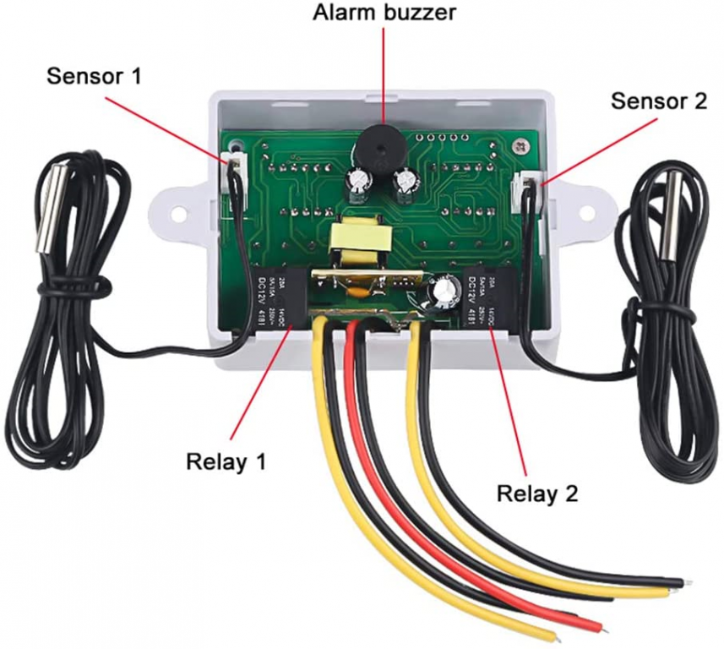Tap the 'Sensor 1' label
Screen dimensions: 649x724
click(x=94, y=76)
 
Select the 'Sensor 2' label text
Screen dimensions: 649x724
click(x=658, y=101)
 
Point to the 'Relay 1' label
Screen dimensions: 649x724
click(x=226, y=461)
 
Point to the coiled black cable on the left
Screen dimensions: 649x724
click(x=68, y=338)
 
